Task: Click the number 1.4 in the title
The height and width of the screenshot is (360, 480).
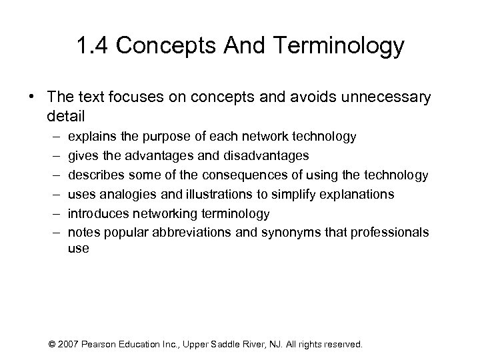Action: pyautogui.click(x=93, y=47)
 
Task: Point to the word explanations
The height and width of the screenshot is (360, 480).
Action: pyautogui.click(x=355, y=194)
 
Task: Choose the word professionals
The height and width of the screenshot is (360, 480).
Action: pyautogui.click(x=387, y=232)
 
